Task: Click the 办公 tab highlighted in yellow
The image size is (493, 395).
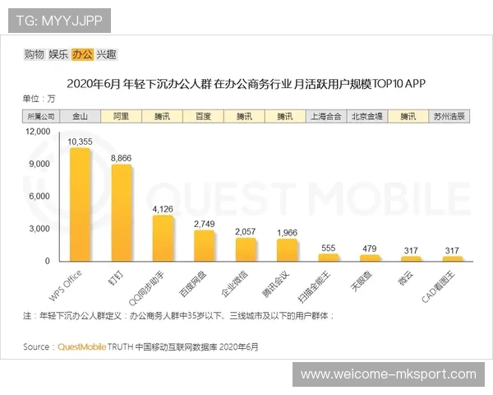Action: click(82, 54)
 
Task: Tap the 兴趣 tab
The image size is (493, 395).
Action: click(106, 54)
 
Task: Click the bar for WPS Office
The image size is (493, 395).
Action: click(80, 205)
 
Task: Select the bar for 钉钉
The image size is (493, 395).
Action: click(121, 213)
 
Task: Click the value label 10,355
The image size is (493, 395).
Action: click(80, 142)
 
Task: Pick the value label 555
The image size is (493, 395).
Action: click(328, 248)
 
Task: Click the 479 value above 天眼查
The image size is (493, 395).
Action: click(369, 249)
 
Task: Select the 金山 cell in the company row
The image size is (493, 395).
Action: click(81, 117)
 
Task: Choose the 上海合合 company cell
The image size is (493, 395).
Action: click(327, 117)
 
